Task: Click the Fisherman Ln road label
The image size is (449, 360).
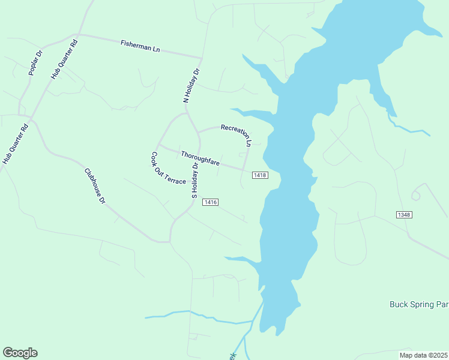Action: coord(140,44)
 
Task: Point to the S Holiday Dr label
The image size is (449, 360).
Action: coord(194,180)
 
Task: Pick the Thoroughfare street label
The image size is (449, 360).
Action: coord(200,158)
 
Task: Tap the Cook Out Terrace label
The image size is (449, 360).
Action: coord(167,169)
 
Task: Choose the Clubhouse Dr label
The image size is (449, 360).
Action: coord(95,186)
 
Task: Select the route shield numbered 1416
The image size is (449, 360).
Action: coord(209,202)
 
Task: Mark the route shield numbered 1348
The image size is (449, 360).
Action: coord(404,215)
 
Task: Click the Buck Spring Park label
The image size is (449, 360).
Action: coord(419,304)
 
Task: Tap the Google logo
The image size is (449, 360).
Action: coord(20,353)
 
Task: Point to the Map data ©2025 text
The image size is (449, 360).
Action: coord(424,355)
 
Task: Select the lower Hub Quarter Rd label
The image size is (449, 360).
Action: coord(16,145)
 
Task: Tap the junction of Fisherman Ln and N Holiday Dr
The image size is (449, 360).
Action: coord(201,58)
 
